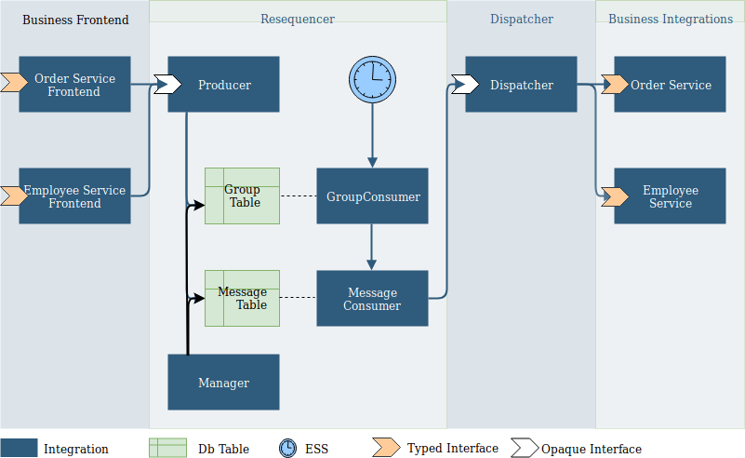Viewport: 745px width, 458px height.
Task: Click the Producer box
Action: click(x=223, y=85)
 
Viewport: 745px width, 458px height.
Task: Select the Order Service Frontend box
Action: click(x=74, y=85)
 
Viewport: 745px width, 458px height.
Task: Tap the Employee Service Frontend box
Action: click(x=74, y=196)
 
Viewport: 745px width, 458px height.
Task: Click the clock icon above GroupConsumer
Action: click(x=372, y=79)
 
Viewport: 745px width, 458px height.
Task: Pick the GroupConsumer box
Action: click(x=372, y=196)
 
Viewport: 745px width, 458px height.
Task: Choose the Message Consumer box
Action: click(x=372, y=299)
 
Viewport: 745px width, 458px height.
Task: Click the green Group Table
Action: click(x=242, y=196)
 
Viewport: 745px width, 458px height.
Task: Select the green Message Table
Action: click(x=242, y=299)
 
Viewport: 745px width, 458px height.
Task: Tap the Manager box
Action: click(x=223, y=383)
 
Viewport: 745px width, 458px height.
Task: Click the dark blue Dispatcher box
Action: click(x=521, y=85)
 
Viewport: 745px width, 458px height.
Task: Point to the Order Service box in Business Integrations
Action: click(x=670, y=85)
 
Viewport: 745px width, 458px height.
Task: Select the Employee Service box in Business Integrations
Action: click(x=670, y=196)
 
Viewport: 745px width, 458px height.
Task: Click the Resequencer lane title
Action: click(x=298, y=20)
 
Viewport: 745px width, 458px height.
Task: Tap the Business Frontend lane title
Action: click(x=75, y=20)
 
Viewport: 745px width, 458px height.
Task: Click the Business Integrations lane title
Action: click(x=671, y=20)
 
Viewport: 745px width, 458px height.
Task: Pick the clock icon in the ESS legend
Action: click(x=288, y=449)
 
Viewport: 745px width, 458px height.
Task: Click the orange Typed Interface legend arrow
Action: click(x=386, y=448)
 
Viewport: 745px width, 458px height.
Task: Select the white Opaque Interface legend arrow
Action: click(x=524, y=448)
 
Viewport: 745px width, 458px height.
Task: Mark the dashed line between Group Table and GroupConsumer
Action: click(x=298, y=196)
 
